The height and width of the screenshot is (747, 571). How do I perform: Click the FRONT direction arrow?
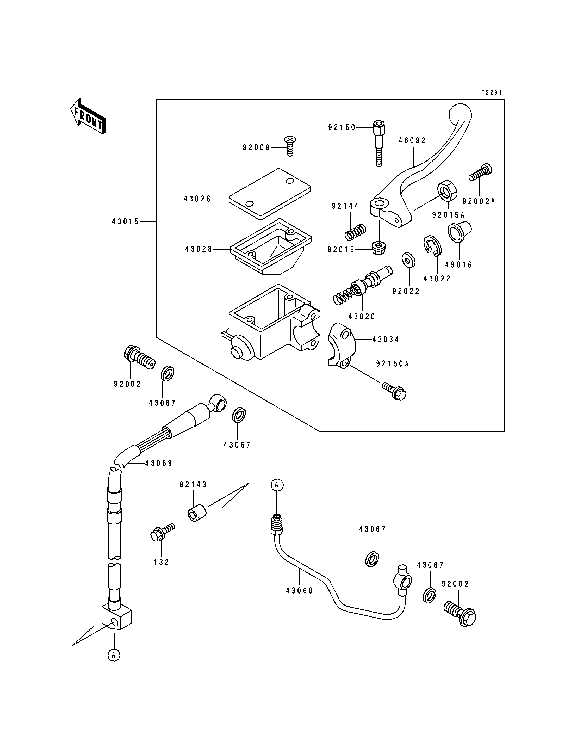tap(88, 116)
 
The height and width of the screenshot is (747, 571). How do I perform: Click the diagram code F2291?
tap(492, 92)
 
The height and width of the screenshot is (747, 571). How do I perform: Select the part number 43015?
tap(125, 222)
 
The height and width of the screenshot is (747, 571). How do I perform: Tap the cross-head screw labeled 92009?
tap(290, 146)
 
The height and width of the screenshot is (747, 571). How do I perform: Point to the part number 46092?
tap(412, 140)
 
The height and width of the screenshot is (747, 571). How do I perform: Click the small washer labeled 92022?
tap(408, 260)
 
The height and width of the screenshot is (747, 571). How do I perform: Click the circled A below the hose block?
tap(114, 655)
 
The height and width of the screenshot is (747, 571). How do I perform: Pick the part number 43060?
tap(299, 591)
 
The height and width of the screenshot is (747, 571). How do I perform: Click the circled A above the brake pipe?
tap(277, 485)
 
